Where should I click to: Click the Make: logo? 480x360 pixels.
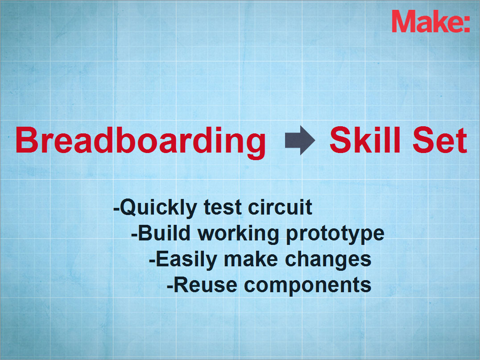tap(431, 21)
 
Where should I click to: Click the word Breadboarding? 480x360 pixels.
tap(141, 142)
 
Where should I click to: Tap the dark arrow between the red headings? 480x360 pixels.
tap(300, 140)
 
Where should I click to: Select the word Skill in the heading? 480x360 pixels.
tap(365, 140)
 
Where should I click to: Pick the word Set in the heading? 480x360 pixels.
tap(440, 140)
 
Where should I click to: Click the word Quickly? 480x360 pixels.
tap(158, 208)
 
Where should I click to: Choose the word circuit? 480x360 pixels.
tap(280, 207)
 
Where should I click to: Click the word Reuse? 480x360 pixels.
tap(205, 285)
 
